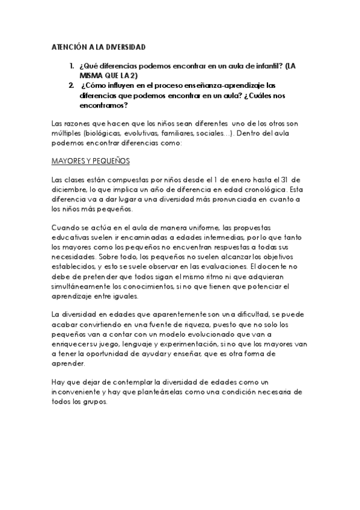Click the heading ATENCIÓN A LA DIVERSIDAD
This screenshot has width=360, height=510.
(x=99, y=47)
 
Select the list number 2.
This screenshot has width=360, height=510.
(x=72, y=85)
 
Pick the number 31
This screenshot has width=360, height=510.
(x=288, y=180)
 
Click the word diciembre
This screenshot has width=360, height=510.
(x=70, y=190)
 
